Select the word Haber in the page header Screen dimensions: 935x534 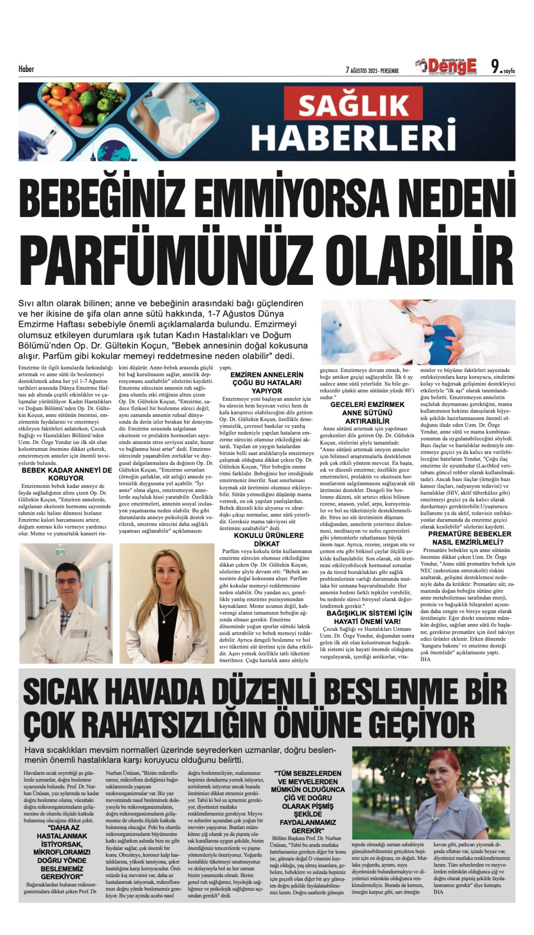click(26, 69)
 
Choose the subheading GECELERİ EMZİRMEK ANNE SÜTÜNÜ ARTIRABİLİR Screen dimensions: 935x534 click(367, 413)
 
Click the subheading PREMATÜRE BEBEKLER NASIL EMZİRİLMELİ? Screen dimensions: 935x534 click(469, 538)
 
